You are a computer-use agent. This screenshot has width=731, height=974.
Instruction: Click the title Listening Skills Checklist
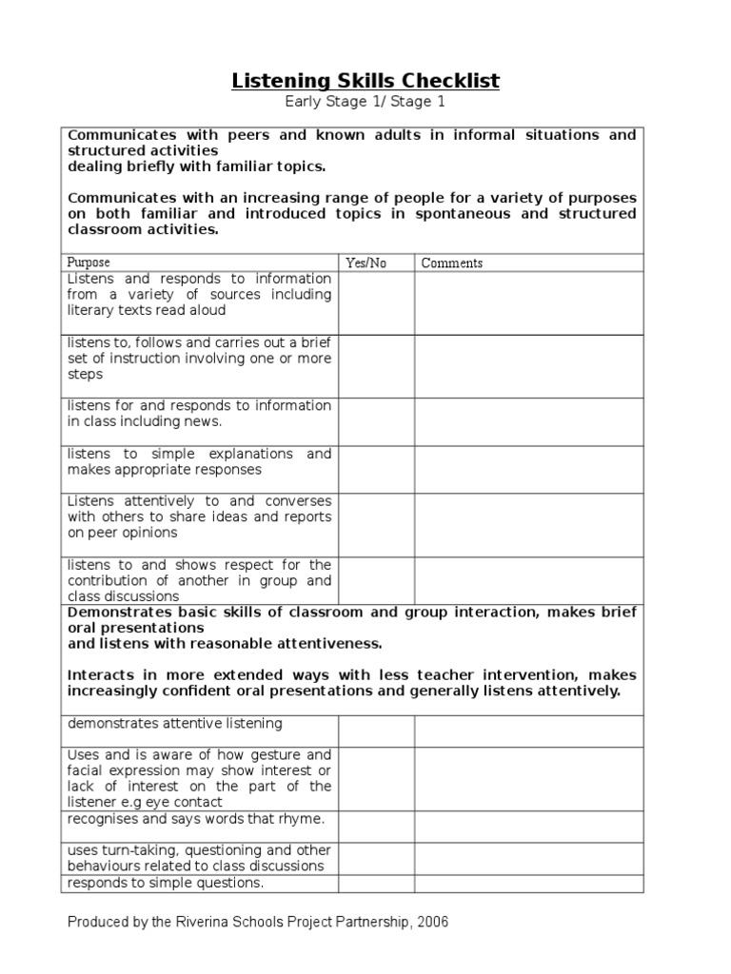click(x=365, y=81)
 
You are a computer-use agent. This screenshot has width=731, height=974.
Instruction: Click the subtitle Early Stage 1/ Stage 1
click(x=365, y=102)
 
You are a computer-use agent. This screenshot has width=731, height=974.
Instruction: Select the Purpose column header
click(x=89, y=263)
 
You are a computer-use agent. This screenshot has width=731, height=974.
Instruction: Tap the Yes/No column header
click(x=365, y=263)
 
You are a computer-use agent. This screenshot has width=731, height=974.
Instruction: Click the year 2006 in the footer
click(x=433, y=922)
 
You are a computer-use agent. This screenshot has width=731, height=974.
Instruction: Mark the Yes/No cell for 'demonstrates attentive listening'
click(x=376, y=730)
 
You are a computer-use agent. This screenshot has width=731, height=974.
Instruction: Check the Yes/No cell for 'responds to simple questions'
click(x=376, y=884)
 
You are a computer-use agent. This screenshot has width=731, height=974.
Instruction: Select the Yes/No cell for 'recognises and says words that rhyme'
click(x=376, y=826)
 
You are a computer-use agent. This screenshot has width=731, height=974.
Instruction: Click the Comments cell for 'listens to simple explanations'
click(x=528, y=469)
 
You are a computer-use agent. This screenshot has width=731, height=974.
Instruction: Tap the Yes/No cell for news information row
click(x=376, y=421)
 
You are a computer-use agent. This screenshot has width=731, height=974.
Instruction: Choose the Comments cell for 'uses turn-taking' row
click(x=528, y=858)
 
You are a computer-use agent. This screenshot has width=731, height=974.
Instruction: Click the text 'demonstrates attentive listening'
click(x=174, y=724)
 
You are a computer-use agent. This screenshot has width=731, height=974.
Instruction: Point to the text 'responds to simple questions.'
click(x=165, y=883)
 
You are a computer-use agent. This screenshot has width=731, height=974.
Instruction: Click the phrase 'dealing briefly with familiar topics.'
click(x=196, y=166)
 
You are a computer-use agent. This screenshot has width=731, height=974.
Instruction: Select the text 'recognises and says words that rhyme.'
click(x=195, y=819)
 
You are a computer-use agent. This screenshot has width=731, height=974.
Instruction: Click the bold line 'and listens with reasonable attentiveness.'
click(x=225, y=643)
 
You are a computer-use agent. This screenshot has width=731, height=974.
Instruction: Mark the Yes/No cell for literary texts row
click(x=376, y=302)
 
